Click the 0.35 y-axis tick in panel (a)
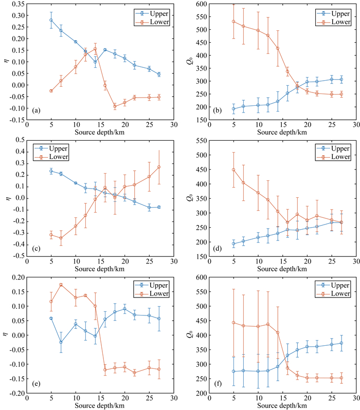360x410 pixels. click(16, 4)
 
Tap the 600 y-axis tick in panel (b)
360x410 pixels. click(200, 4)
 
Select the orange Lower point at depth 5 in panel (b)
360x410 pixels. click(234, 22)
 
